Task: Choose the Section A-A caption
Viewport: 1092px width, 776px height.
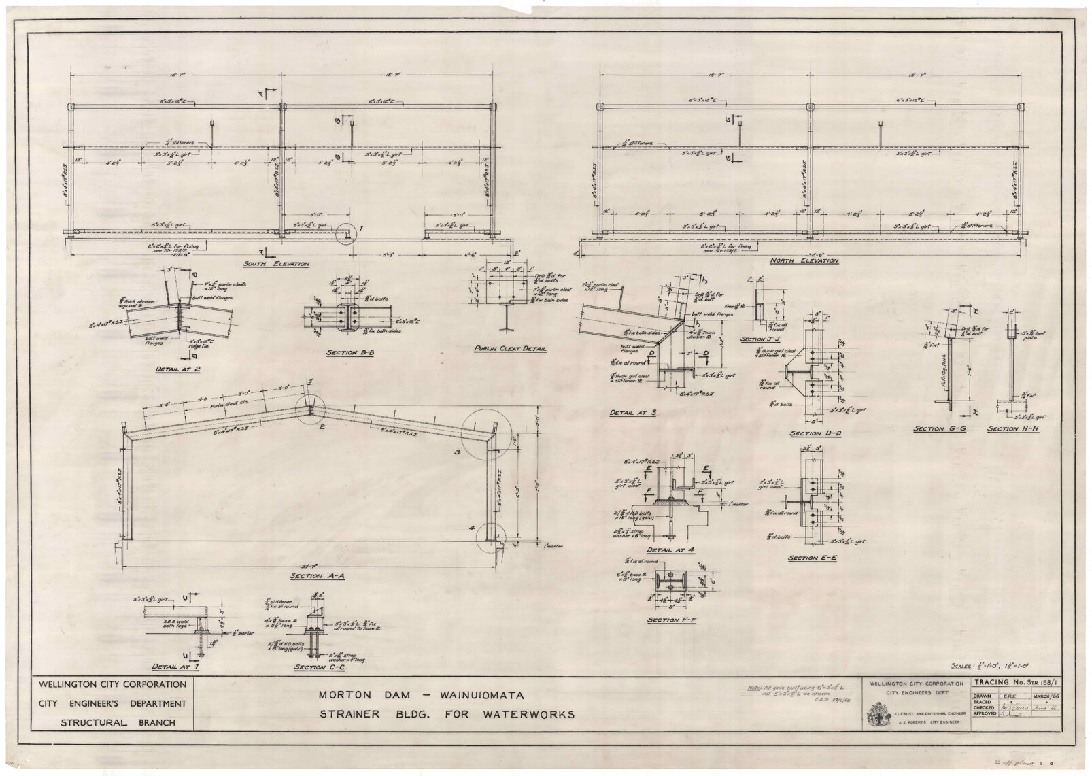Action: (309, 575)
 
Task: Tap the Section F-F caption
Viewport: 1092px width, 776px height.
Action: (666, 620)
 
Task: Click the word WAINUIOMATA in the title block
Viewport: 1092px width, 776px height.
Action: (471, 696)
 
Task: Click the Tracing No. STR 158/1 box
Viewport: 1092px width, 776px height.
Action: (1016, 682)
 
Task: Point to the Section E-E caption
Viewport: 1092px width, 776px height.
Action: (808, 558)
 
